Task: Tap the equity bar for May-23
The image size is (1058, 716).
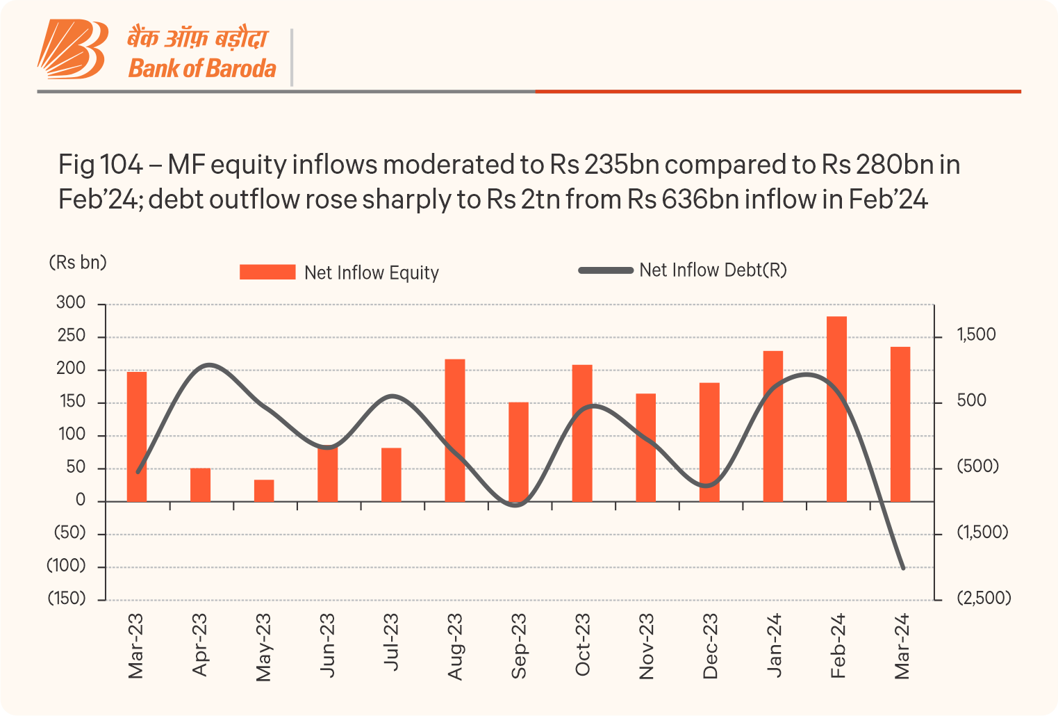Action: tap(264, 490)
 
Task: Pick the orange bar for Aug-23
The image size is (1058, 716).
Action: tap(455, 430)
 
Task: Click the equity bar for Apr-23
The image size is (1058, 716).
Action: tap(200, 485)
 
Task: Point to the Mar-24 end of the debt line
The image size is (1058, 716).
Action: tap(903, 568)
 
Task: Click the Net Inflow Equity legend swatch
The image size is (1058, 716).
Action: tap(267, 272)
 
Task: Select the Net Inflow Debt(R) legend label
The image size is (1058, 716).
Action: tap(713, 270)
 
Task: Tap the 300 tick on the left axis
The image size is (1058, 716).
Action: tap(71, 303)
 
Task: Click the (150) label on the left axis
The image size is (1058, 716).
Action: tap(67, 599)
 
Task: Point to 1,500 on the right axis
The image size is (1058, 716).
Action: tap(976, 335)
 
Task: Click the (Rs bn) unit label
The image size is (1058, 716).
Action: tap(78, 263)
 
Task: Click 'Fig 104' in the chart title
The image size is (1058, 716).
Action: tap(100, 165)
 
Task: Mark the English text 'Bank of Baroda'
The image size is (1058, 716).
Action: tap(202, 69)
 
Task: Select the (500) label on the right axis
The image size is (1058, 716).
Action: tap(977, 466)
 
